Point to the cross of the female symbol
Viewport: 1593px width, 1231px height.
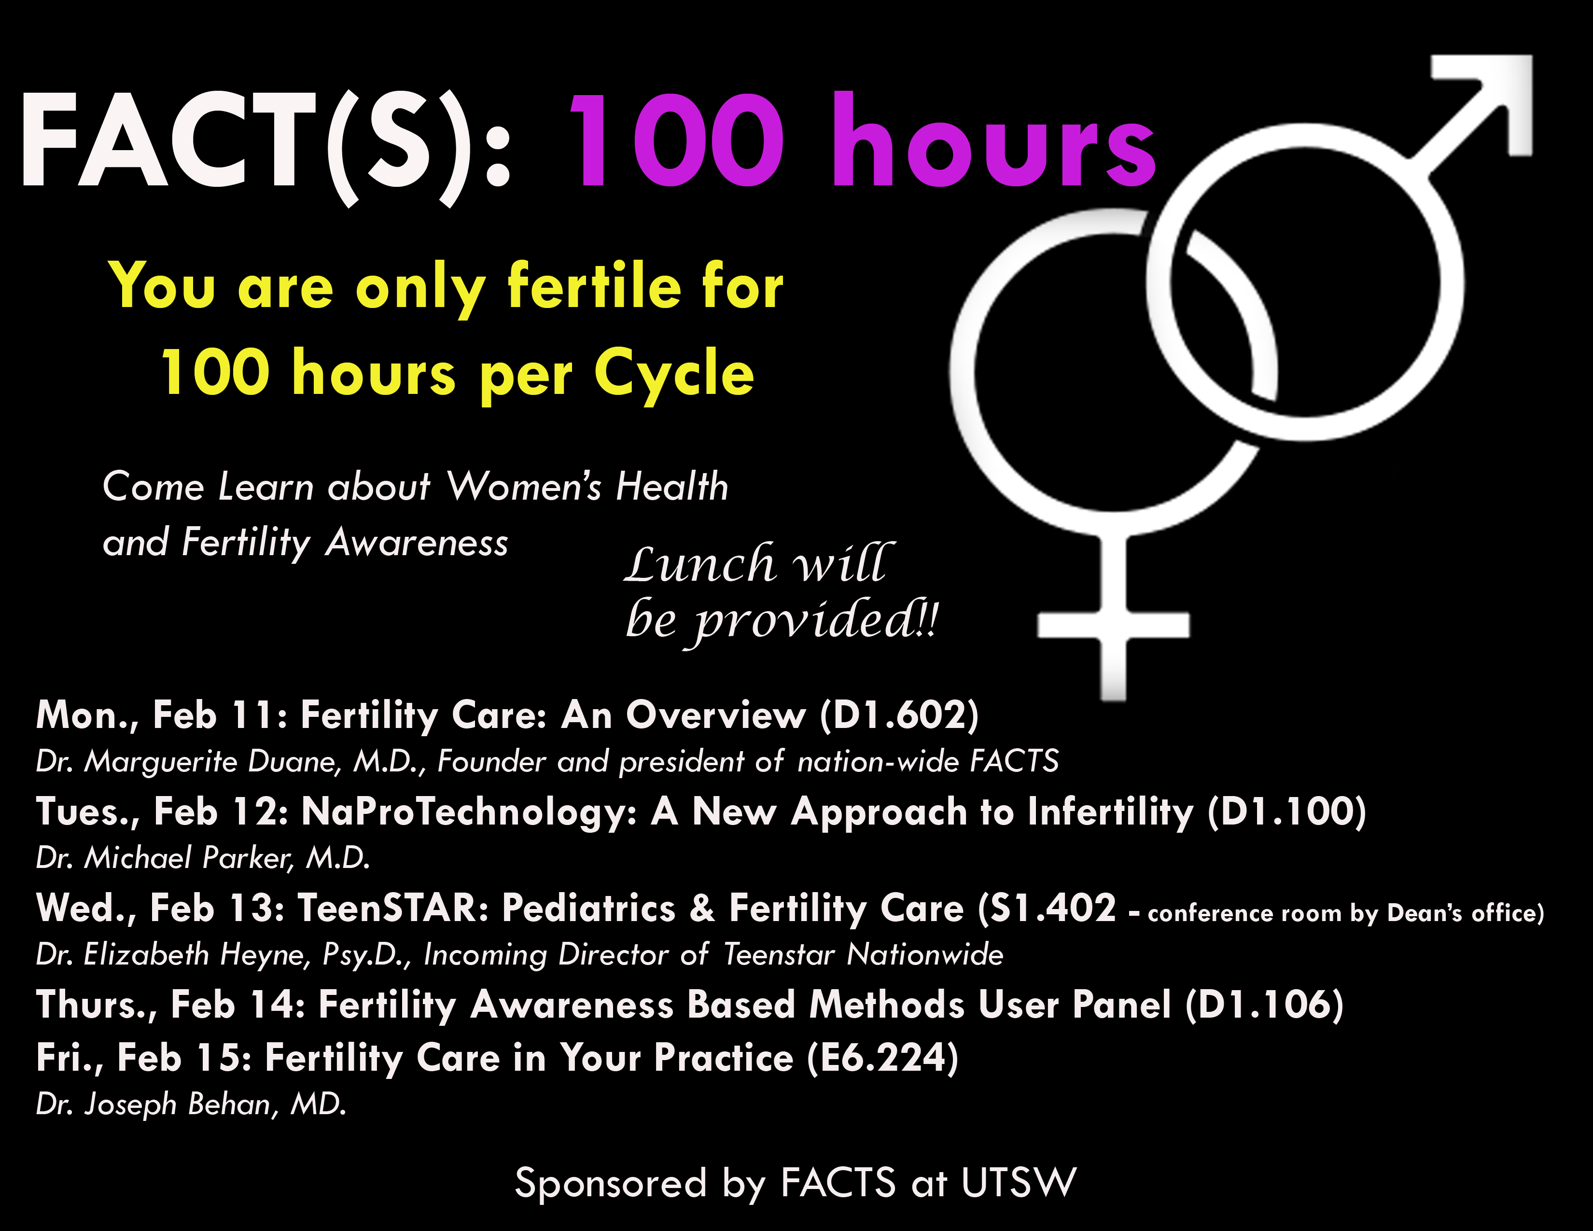(1113, 624)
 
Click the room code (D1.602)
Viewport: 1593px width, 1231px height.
(899, 714)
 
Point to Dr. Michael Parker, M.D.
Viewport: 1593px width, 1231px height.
(203, 858)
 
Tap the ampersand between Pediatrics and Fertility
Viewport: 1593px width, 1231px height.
(702, 909)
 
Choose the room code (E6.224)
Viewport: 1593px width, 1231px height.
(882, 1058)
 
